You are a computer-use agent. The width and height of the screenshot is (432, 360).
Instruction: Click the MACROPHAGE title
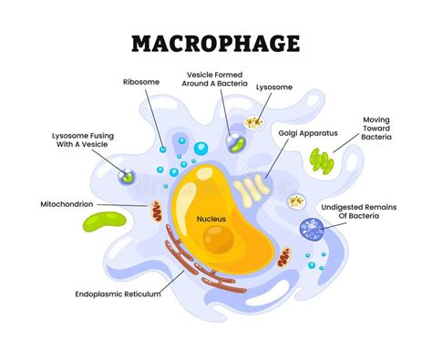point(216,42)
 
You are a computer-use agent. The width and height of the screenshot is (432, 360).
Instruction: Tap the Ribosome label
point(141,82)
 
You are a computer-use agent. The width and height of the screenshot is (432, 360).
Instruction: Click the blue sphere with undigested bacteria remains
point(311,231)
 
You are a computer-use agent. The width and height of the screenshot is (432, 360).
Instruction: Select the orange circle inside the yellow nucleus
point(218,240)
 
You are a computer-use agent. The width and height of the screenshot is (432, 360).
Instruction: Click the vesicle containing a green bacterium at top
point(234,142)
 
